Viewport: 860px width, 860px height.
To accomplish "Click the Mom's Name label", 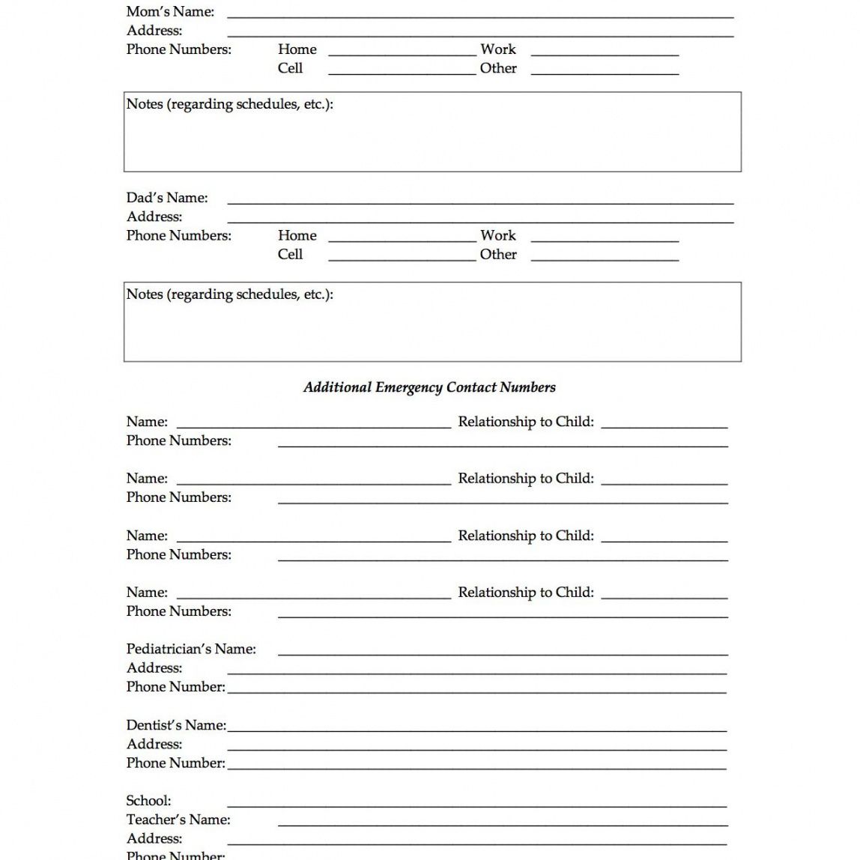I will (170, 12).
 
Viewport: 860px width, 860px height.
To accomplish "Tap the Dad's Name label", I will (167, 198).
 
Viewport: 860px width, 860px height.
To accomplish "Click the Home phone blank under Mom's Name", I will (402, 52).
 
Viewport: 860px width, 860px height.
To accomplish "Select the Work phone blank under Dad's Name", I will (605, 238).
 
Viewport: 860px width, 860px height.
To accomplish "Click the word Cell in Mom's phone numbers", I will (290, 68).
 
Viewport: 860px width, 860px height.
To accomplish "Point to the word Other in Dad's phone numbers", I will (498, 255).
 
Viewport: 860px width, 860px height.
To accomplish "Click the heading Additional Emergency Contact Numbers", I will (429, 387).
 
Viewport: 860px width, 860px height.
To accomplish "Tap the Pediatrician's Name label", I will (191, 649).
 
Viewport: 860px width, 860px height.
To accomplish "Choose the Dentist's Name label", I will (176, 725).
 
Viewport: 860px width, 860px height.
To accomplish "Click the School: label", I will (148, 801).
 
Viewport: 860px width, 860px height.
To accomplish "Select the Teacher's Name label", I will (178, 820).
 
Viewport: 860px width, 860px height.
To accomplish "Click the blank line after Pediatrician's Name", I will (502, 652).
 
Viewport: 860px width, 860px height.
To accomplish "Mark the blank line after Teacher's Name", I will (502, 823).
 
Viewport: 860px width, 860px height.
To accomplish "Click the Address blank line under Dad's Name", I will (479, 220).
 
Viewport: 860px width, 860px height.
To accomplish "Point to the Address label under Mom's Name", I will (154, 31).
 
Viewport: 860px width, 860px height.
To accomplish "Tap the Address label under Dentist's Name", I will (154, 744).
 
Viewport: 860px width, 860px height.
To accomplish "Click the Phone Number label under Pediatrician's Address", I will (175, 687).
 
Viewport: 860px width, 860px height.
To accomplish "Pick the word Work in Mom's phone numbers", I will (498, 49).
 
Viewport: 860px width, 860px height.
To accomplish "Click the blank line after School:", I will (476, 805).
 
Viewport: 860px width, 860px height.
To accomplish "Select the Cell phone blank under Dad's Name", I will (402, 258).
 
